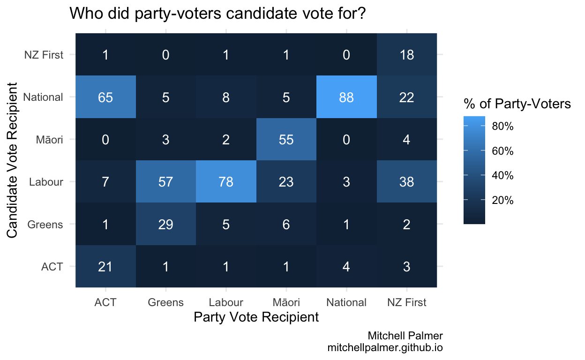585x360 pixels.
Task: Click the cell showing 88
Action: pyautogui.click(x=346, y=97)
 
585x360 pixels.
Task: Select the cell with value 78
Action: pyautogui.click(x=226, y=181)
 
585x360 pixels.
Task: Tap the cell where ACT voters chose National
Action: pyautogui.click(x=105, y=97)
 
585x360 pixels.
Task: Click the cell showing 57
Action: pyautogui.click(x=165, y=181)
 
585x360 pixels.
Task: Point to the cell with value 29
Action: pyautogui.click(x=165, y=224)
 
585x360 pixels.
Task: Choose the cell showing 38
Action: pyautogui.click(x=406, y=181)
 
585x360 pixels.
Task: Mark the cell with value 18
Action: pyautogui.click(x=406, y=55)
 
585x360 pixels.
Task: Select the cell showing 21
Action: pyautogui.click(x=105, y=266)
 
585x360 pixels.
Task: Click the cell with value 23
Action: pyautogui.click(x=286, y=181)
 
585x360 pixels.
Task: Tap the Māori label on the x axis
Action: pyautogui.click(x=286, y=302)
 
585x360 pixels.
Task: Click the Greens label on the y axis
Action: pyautogui.click(x=45, y=225)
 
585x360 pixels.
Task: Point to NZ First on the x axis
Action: pyautogui.click(x=406, y=302)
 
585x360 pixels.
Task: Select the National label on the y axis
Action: pyautogui.click(x=43, y=97)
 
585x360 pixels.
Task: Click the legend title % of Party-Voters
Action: pyautogui.click(x=517, y=104)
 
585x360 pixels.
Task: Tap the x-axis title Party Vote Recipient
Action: pyautogui.click(x=256, y=317)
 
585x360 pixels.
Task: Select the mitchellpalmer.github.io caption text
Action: pyautogui.click(x=385, y=348)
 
